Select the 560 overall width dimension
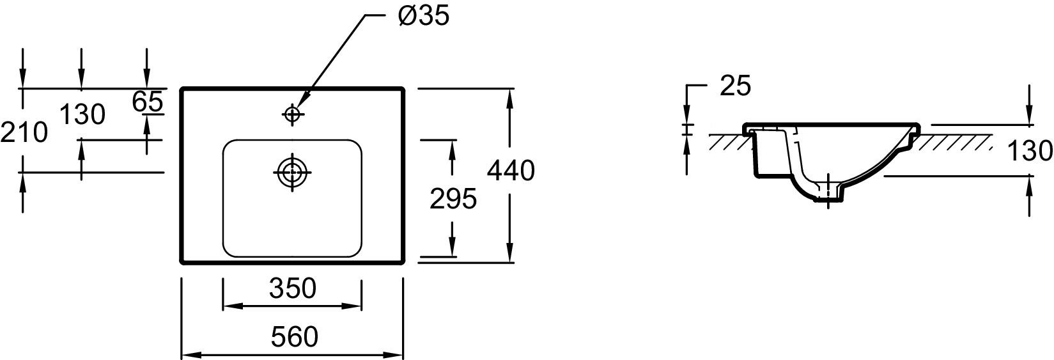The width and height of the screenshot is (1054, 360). click(x=294, y=336)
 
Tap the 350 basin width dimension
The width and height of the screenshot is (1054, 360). click(x=293, y=288)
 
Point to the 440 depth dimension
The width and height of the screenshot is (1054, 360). click(x=510, y=171)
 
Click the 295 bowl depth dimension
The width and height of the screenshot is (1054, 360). click(x=453, y=199)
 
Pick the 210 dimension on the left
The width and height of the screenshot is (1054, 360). click(x=24, y=133)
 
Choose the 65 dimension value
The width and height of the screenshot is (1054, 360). click(x=148, y=101)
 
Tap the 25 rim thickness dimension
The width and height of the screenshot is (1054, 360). click(x=735, y=86)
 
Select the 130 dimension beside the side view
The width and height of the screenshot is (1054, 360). click(x=1029, y=152)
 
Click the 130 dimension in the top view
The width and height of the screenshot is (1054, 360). click(x=82, y=115)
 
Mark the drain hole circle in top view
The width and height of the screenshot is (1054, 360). click(x=293, y=171)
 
